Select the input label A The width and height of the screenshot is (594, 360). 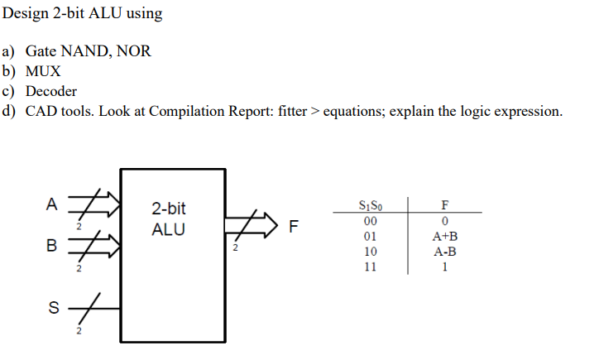tap(52, 203)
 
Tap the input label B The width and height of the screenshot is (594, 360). tap(51, 246)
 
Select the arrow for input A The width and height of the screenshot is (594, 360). tap(95, 203)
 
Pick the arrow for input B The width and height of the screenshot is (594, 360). tap(95, 245)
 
